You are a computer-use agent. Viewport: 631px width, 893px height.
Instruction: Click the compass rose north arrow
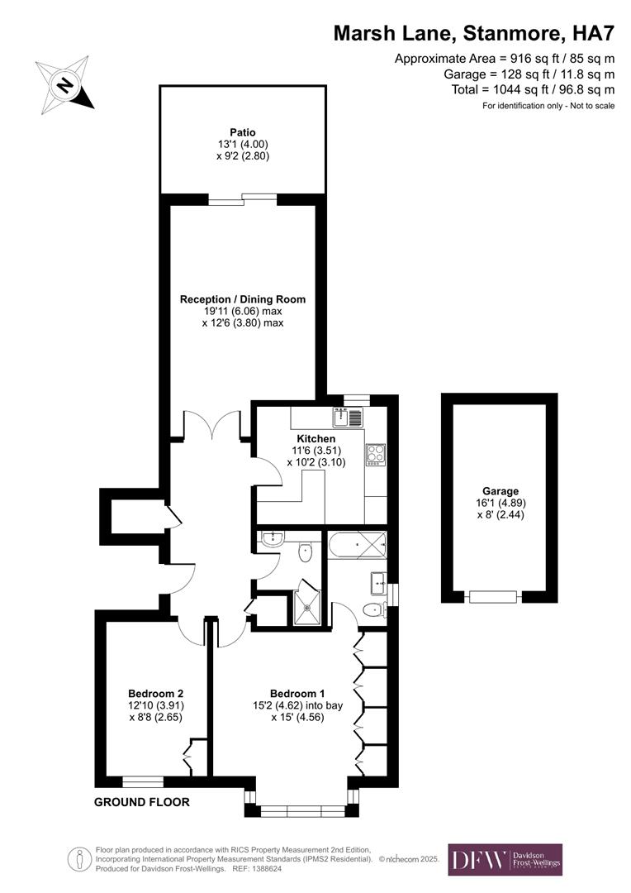click(x=64, y=84)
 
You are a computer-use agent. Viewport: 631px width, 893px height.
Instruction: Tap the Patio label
click(x=243, y=132)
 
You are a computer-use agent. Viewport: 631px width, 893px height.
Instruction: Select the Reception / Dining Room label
click(x=243, y=299)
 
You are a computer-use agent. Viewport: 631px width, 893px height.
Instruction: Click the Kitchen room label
click(x=316, y=439)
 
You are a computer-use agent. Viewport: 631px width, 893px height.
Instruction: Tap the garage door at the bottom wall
click(x=493, y=596)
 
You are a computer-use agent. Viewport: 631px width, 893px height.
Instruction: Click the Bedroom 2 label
click(x=155, y=694)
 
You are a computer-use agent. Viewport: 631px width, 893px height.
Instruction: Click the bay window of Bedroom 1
click(x=302, y=810)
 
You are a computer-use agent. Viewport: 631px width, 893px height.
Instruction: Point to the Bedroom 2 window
click(x=142, y=780)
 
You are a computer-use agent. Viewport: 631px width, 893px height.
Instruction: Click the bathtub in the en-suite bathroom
click(x=358, y=547)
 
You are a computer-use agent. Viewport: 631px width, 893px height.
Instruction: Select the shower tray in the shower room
click(x=308, y=608)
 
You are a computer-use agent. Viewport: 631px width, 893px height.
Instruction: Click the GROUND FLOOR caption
click(x=142, y=802)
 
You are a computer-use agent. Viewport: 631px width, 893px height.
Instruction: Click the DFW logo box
click(x=505, y=859)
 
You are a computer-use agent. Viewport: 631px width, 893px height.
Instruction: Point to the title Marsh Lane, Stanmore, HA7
click(x=474, y=33)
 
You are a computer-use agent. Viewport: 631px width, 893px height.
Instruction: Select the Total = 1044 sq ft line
click(x=533, y=89)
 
